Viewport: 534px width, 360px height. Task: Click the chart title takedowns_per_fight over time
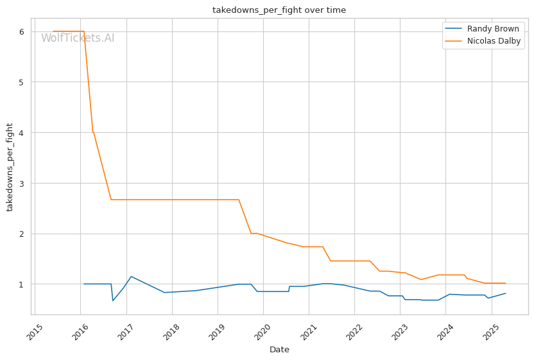pyautogui.click(x=279, y=10)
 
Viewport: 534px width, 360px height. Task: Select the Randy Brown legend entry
pyautogui.click(x=493, y=29)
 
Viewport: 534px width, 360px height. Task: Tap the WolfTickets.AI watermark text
pyautogui.click(x=78, y=39)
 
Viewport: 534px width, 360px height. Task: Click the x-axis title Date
pyautogui.click(x=279, y=350)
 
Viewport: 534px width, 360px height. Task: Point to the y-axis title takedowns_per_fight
pyautogui.click(x=10, y=167)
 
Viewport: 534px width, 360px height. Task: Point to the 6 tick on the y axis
pyautogui.click(x=22, y=31)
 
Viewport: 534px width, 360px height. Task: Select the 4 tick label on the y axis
pyautogui.click(x=22, y=133)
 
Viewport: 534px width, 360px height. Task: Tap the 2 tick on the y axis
pyautogui.click(x=22, y=234)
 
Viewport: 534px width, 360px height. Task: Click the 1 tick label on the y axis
pyautogui.click(x=22, y=284)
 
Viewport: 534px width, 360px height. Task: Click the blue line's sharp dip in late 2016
pyautogui.click(x=113, y=300)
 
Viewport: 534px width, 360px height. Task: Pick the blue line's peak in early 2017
pyautogui.click(x=131, y=277)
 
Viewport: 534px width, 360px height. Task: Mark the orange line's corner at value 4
pyautogui.click(x=92, y=132)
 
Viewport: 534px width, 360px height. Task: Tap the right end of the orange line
pyautogui.click(x=505, y=283)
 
